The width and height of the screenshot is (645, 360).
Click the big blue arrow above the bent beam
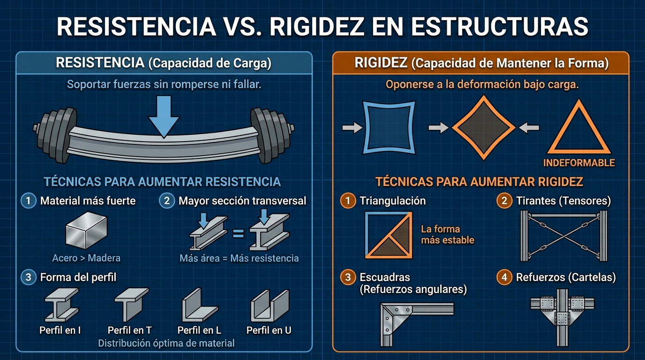164,117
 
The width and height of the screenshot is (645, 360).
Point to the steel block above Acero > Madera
86,231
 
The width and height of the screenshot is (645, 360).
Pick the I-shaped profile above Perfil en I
61,305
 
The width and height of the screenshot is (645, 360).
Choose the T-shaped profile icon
132,304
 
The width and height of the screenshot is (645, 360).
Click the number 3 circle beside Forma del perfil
28,277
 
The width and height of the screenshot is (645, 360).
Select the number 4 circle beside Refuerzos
504,277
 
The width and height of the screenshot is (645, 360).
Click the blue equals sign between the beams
238,233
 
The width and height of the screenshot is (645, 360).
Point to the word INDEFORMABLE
579,163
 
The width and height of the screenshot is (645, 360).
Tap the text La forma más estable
448,234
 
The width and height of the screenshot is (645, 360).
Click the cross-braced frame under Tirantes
564,236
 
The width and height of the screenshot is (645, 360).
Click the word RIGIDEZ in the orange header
381,63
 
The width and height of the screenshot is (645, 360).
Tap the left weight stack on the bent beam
55,135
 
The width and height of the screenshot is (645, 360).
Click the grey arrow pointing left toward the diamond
529,127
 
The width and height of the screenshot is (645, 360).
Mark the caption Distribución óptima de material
166,343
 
